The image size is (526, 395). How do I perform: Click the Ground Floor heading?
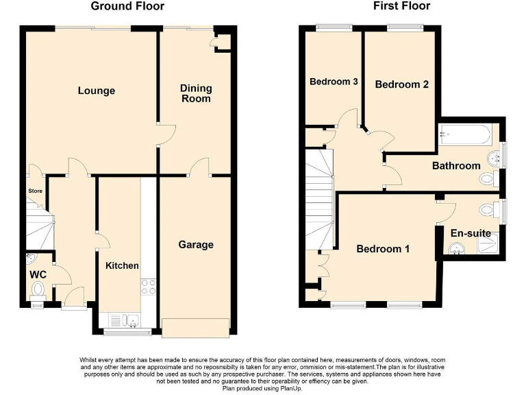127,7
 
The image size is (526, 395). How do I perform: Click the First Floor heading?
401,7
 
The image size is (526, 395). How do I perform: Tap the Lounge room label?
96,91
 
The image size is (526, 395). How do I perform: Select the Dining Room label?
196,93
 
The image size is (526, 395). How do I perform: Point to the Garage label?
196,245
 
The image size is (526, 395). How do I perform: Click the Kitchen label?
122,266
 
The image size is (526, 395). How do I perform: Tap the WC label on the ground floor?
37,274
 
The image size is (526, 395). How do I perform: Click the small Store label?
35,191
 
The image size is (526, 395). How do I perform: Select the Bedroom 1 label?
383,249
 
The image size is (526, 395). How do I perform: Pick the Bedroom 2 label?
401,84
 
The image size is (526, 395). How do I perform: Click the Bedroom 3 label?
334,82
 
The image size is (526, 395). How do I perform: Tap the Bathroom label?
455,166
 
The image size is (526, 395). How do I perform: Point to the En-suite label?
470,233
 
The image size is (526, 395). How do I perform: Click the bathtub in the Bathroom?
465,135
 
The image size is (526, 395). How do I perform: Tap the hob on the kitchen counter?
148,287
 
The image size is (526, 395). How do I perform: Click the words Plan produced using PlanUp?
262,389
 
